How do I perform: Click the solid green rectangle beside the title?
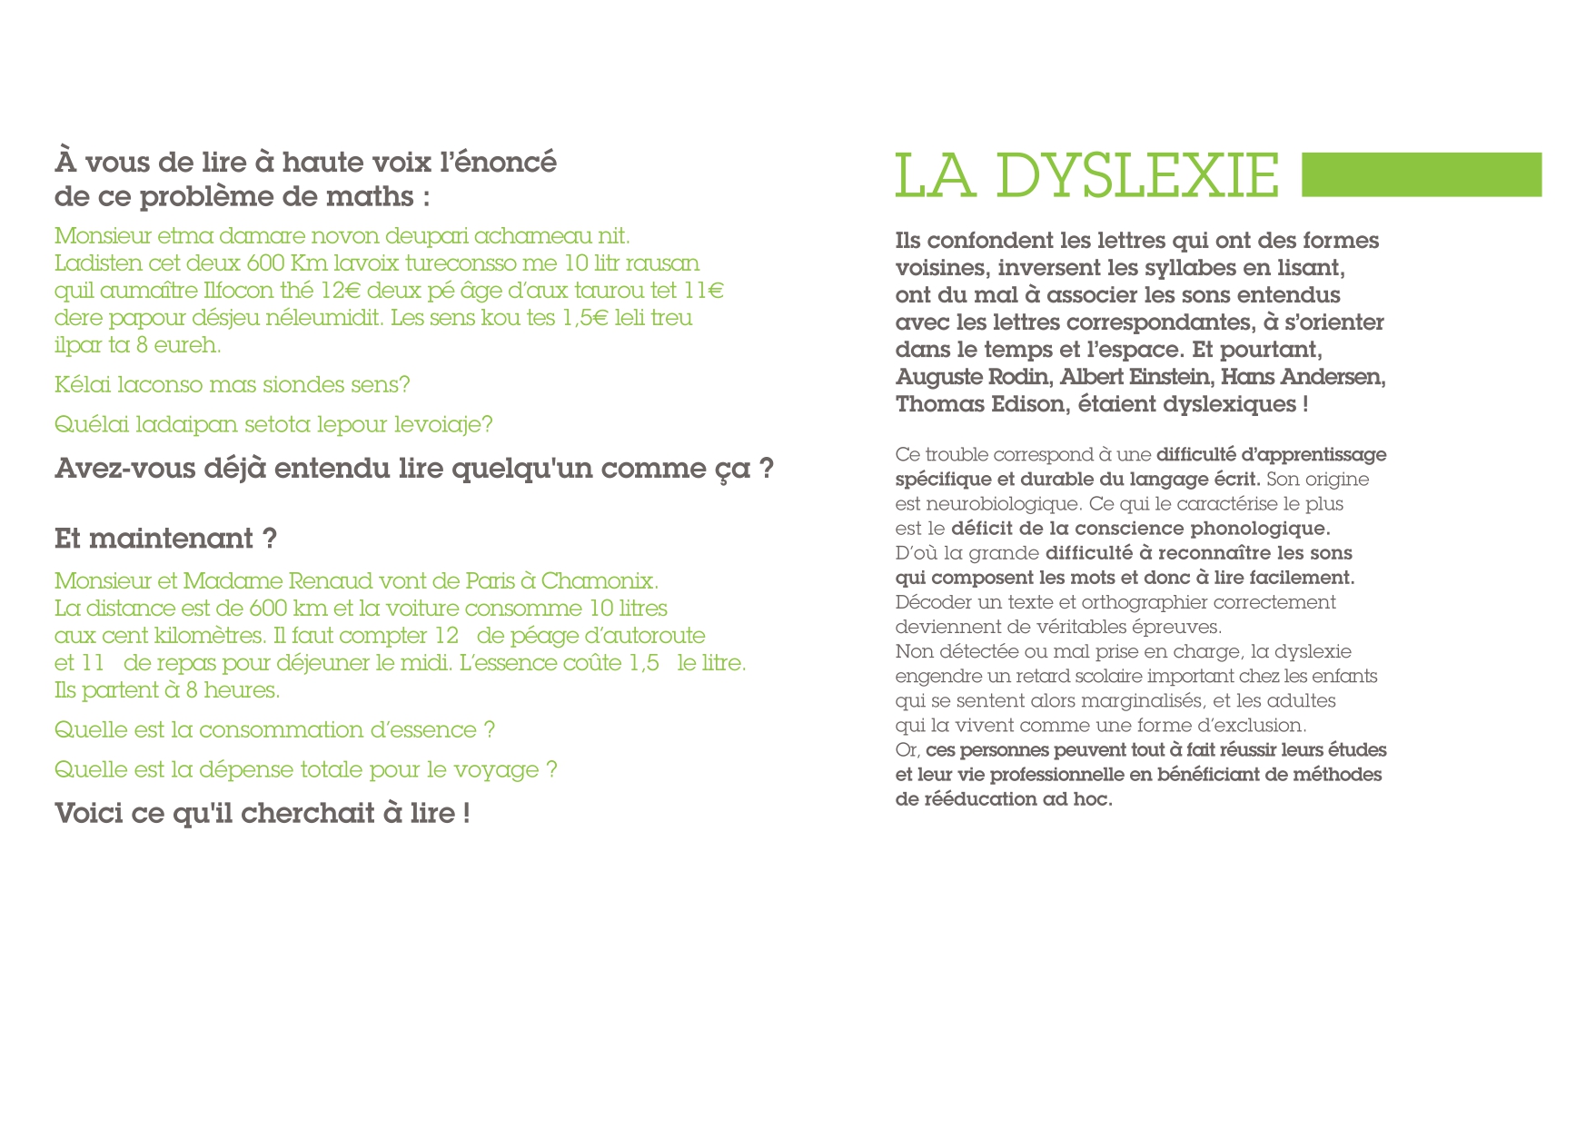(1421, 174)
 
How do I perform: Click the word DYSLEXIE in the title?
(1137, 175)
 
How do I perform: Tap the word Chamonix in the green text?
(600, 581)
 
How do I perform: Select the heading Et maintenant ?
(165, 539)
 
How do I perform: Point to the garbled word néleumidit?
(325, 318)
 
